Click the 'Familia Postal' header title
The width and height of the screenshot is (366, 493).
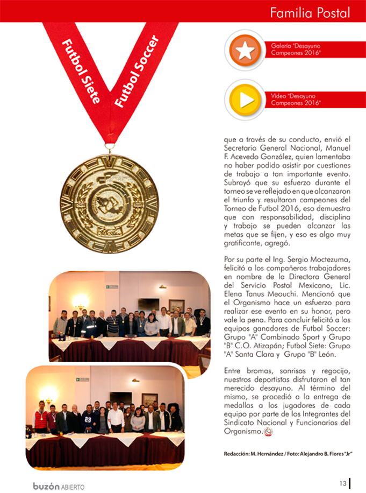click(x=310, y=12)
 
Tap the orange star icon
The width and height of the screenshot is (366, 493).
click(x=245, y=50)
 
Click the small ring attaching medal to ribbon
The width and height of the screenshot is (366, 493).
click(x=110, y=146)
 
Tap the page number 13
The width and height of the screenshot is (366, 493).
click(x=342, y=483)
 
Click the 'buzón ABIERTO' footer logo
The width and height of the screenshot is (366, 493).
click(x=59, y=485)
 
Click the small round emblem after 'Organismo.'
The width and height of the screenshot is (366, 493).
click(x=269, y=431)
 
